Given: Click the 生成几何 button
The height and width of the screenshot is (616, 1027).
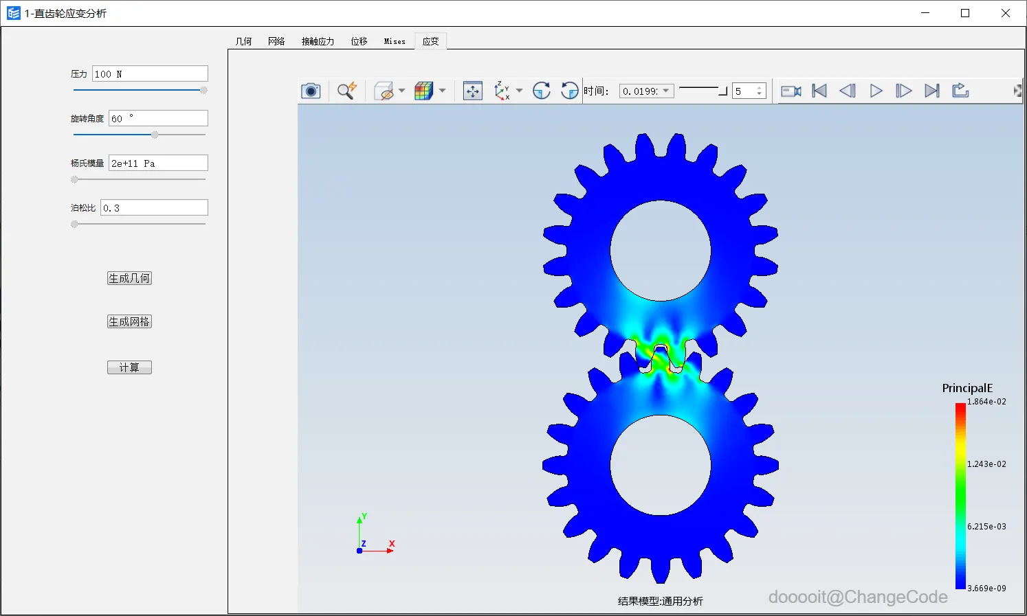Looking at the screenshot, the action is (x=129, y=278).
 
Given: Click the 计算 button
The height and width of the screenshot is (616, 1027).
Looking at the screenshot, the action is (x=129, y=367).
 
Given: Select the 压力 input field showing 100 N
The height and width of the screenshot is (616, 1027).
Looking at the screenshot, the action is (x=150, y=73).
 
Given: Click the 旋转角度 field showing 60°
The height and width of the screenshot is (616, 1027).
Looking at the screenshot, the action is (x=158, y=118).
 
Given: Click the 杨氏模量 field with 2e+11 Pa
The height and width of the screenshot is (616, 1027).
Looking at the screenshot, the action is (x=158, y=163).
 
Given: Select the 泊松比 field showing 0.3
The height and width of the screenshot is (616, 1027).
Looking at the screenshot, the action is (x=154, y=207).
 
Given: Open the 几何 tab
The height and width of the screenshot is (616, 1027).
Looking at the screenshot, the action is (x=243, y=41).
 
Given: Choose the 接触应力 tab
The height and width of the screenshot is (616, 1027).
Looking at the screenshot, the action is (x=318, y=41).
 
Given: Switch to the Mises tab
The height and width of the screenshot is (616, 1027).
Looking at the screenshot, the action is (x=395, y=41).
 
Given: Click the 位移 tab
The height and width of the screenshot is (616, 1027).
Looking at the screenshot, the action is (x=359, y=41).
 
